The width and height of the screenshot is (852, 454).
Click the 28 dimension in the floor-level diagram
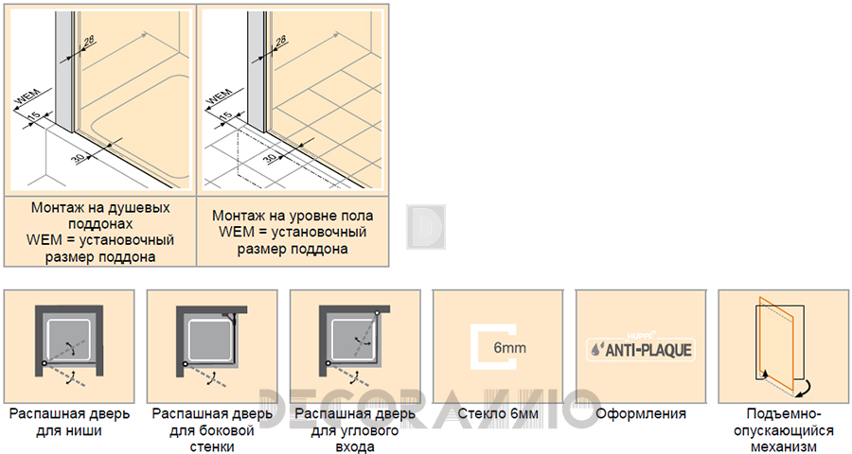(280, 40)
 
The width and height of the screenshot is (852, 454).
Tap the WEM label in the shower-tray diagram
(27, 97)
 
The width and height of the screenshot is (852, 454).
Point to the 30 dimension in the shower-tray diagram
(79, 158)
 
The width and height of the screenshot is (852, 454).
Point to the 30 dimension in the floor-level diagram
(270, 158)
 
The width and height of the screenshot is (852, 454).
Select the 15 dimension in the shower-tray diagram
(34, 116)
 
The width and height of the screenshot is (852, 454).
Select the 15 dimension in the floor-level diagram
(225, 116)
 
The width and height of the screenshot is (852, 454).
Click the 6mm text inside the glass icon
(509, 347)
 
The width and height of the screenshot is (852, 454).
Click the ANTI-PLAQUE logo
(641, 349)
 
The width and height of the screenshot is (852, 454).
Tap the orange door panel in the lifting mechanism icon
(777, 340)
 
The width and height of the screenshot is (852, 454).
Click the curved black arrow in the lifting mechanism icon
(802, 387)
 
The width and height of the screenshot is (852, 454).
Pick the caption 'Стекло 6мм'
(498, 414)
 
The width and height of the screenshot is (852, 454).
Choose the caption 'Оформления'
(641, 414)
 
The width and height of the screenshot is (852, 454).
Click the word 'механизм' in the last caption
(784, 447)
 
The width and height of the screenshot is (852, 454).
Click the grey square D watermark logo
(426, 227)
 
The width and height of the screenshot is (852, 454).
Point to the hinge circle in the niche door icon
(44, 363)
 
